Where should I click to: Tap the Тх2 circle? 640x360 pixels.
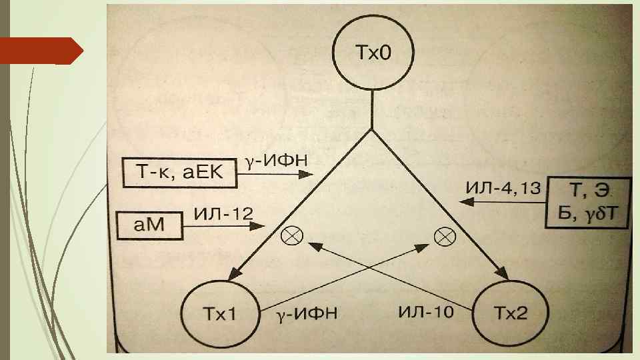pos(510,312)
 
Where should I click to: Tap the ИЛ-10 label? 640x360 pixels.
pos(427,311)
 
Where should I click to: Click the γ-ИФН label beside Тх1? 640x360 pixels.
pos(308,312)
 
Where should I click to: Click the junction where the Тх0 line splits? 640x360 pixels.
pos(371,128)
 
